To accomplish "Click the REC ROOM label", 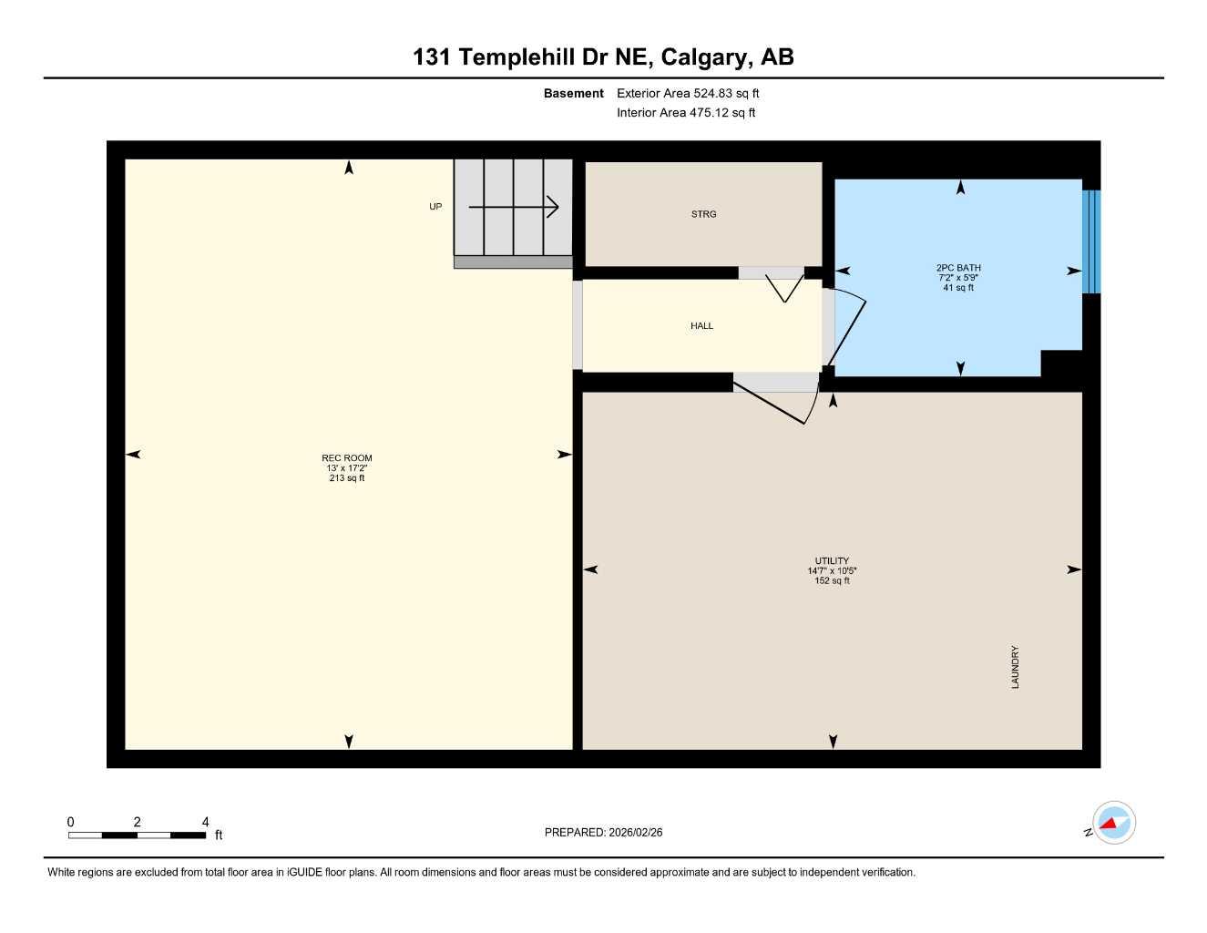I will (347, 458).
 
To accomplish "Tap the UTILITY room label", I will (832, 561).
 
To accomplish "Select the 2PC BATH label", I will (958, 268).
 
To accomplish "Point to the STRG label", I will (703, 214).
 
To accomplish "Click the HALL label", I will (701, 326).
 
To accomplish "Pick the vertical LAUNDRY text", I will (1015, 667).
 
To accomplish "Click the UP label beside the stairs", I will (435, 207).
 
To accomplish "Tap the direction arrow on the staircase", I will (514, 208).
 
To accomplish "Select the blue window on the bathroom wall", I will (1091, 241).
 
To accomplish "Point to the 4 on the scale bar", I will (206, 822).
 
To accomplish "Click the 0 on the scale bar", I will (71, 822).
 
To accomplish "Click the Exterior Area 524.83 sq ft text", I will (688, 93).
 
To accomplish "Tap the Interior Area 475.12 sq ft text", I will (686, 113).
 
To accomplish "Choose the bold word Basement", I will (573, 93).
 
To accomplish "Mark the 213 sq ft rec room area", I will (347, 478).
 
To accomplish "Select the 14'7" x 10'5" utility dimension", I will (832, 571).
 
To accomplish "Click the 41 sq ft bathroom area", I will (958, 288).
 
